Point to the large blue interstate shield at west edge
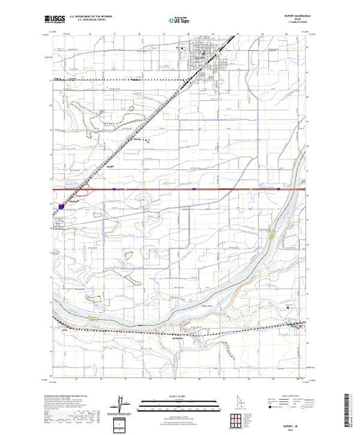[x=62, y=205]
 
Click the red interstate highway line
[x=207, y=188]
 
